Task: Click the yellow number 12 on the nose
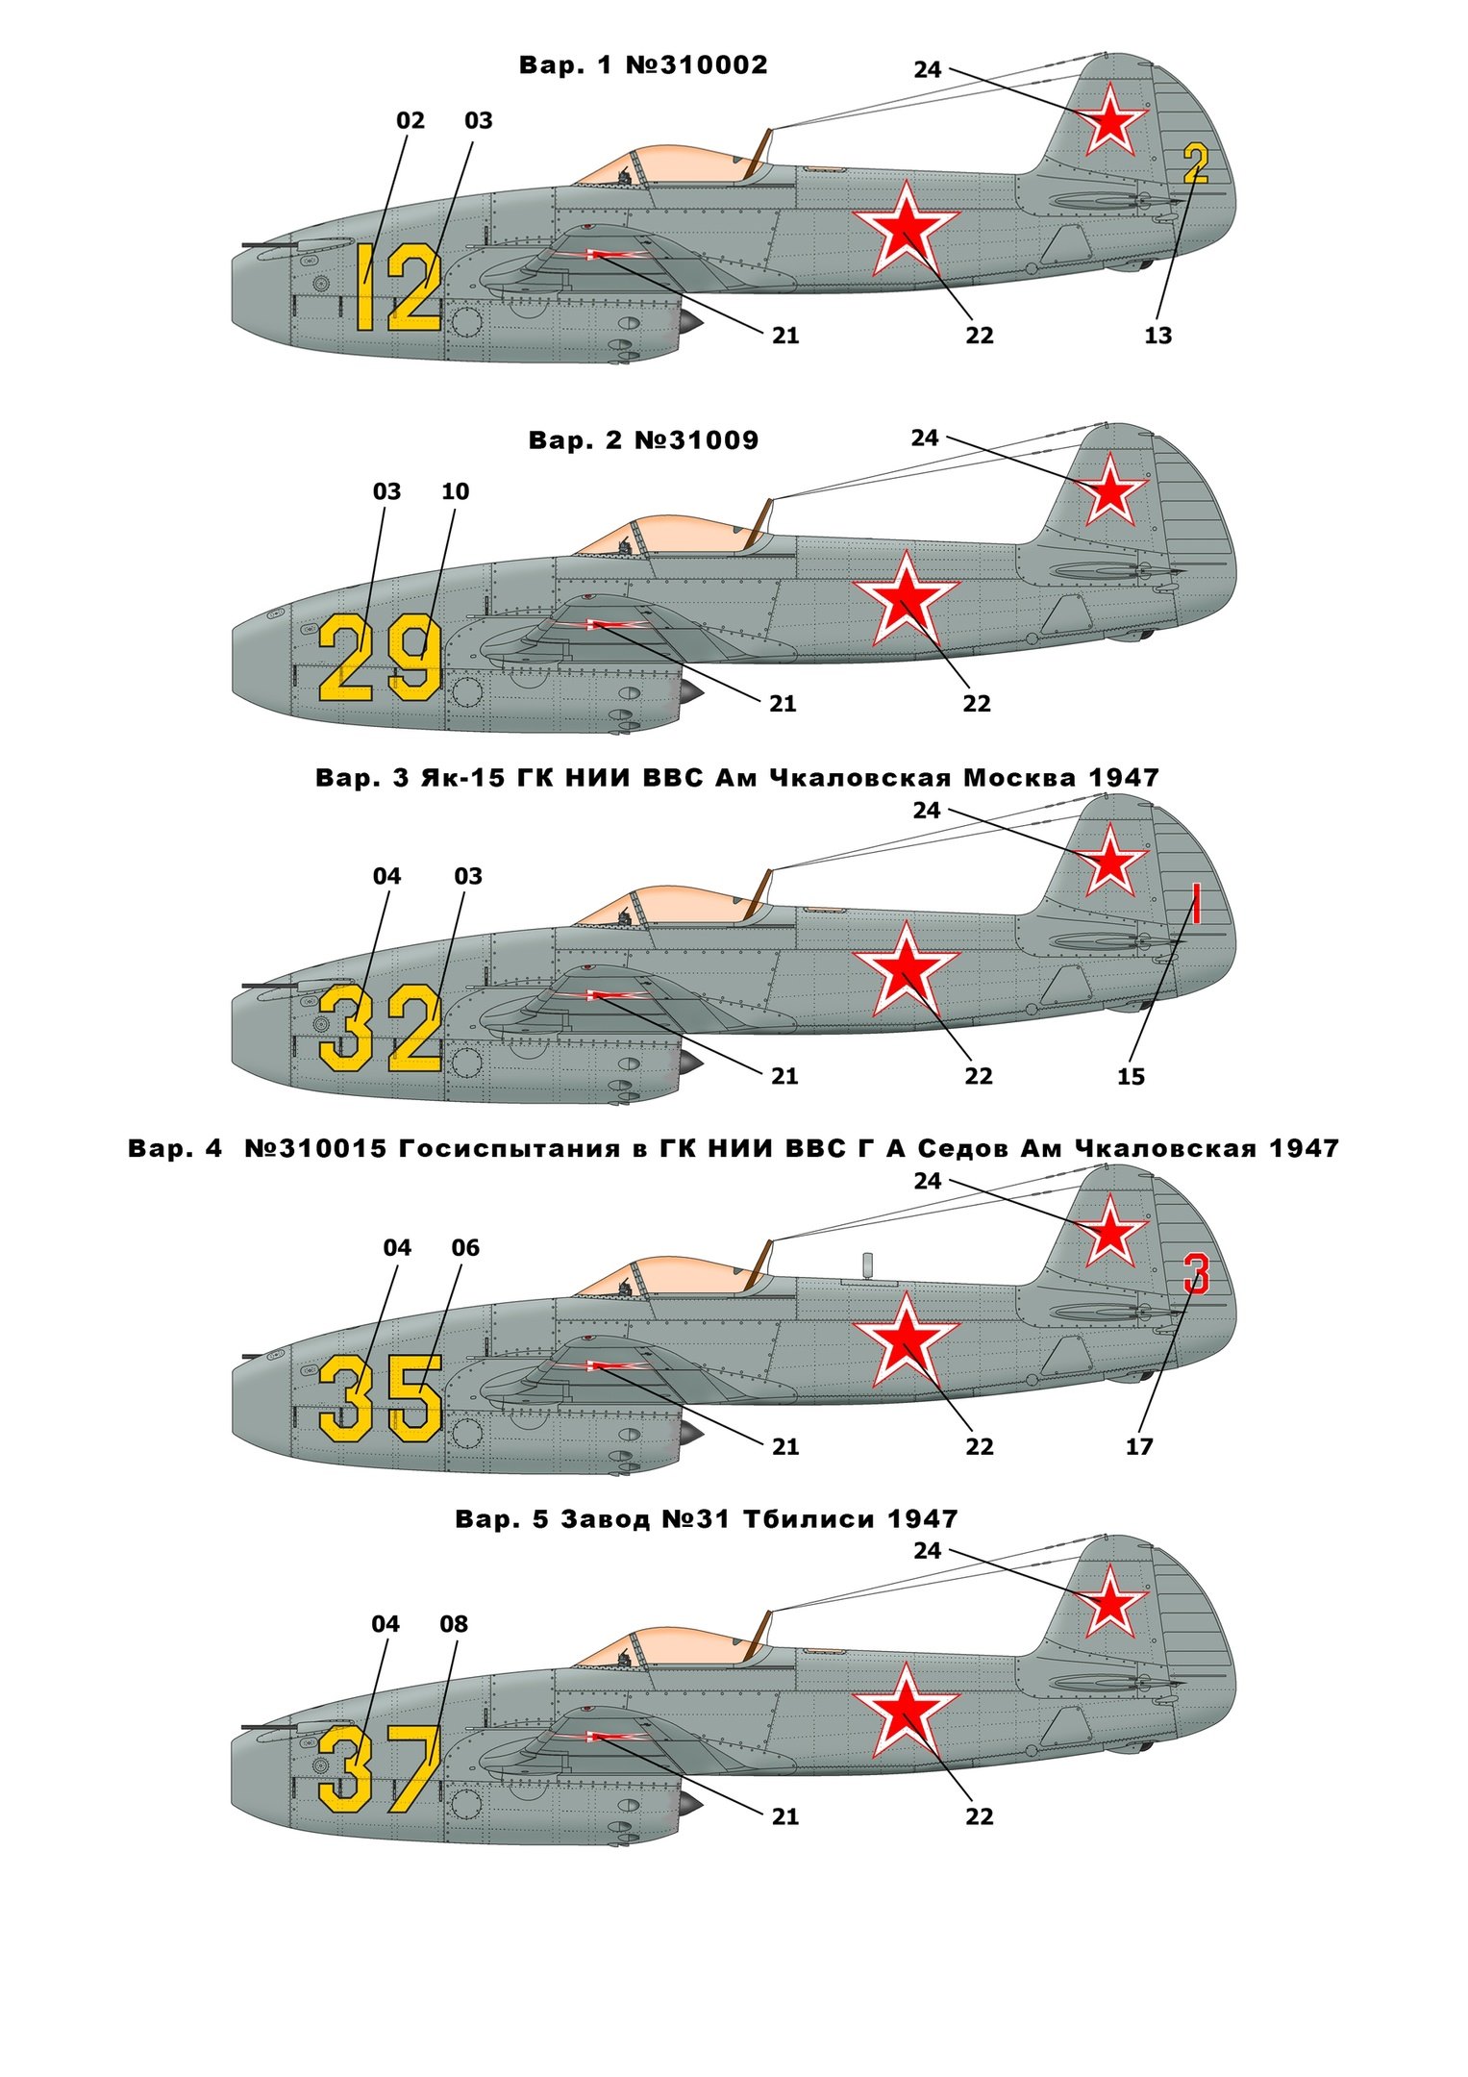pos(399,288)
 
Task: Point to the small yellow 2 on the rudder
pos(1195,163)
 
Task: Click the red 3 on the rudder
pos(1195,1274)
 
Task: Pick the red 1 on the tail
pos(1196,904)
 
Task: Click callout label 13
pos(1157,336)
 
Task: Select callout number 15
pos(1131,1077)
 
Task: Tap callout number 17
pos(1138,1446)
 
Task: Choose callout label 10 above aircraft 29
pos(455,491)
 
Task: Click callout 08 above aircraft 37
pos(454,1624)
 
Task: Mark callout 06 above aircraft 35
pos(465,1247)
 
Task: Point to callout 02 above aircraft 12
pos(411,120)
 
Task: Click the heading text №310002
pos(697,64)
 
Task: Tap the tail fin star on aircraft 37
pos(1110,1601)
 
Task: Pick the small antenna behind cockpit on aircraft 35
pos(867,1264)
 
